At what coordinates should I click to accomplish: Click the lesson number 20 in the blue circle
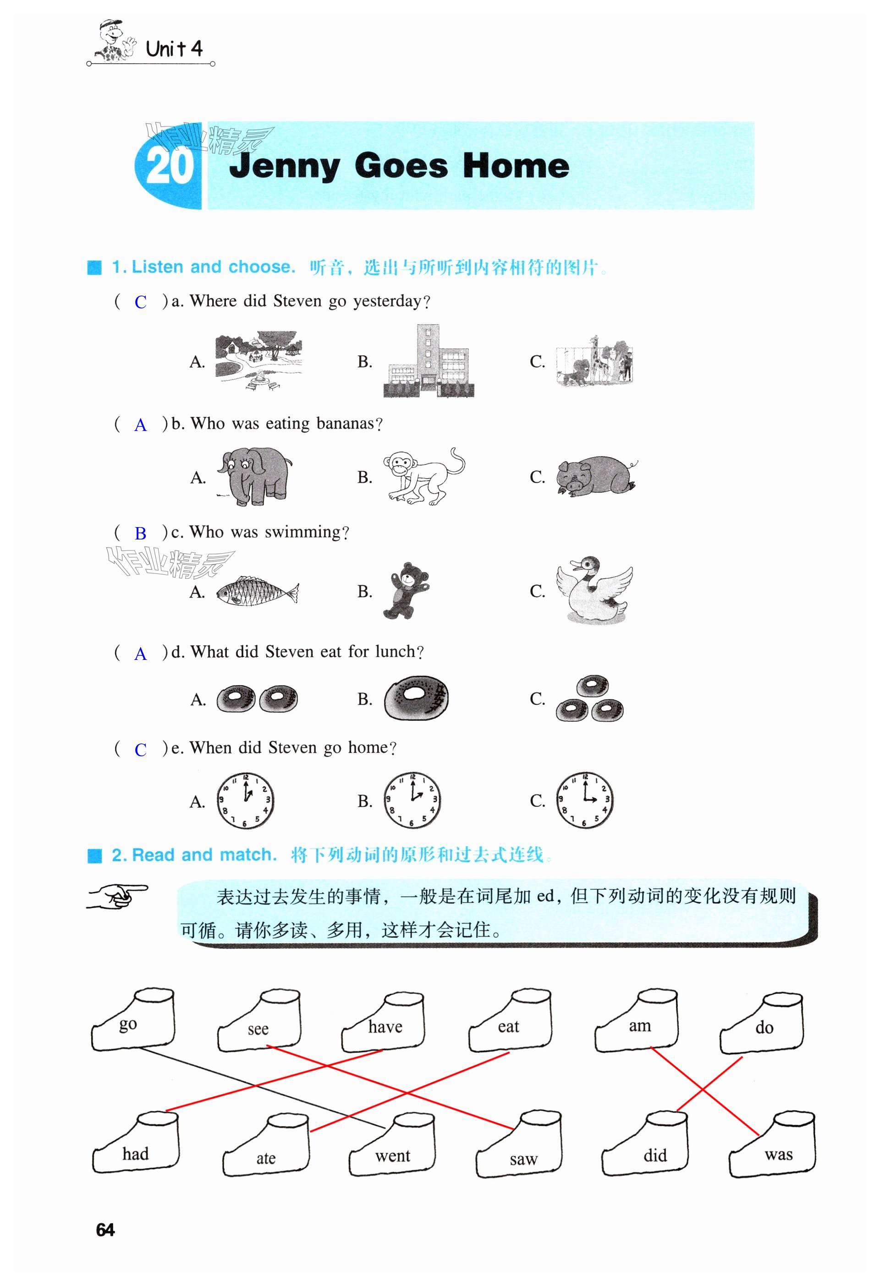[170, 167]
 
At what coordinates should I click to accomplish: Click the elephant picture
[255, 477]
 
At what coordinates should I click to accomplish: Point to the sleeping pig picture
[596, 475]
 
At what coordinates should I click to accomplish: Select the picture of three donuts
[590, 698]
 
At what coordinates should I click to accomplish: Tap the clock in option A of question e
[245, 800]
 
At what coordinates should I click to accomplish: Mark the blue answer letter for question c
[141, 534]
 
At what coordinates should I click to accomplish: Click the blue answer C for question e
[141, 750]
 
